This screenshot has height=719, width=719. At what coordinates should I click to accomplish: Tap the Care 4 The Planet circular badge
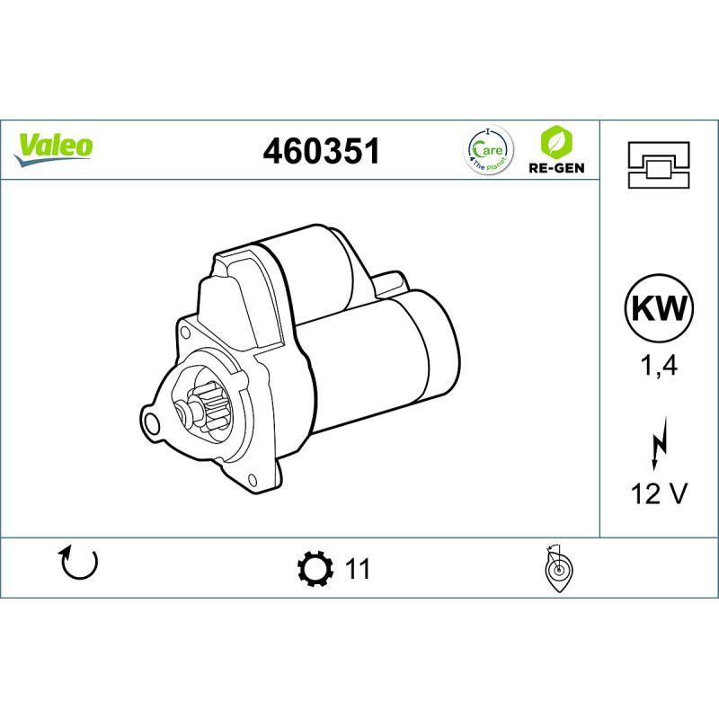pyautogui.click(x=488, y=149)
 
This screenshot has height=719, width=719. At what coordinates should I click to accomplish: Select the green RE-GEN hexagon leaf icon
pyautogui.click(x=556, y=142)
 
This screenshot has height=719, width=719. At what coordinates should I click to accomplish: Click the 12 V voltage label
pyautogui.click(x=659, y=493)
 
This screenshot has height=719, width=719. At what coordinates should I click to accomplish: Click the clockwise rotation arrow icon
pyautogui.click(x=78, y=564)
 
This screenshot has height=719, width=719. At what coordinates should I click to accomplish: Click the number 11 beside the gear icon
pyautogui.click(x=357, y=568)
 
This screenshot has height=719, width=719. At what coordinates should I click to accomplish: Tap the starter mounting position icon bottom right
pyautogui.click(x=559, y=569)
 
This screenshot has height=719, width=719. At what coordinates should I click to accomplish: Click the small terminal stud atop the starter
pyautogui.click(x=389, y=280)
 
